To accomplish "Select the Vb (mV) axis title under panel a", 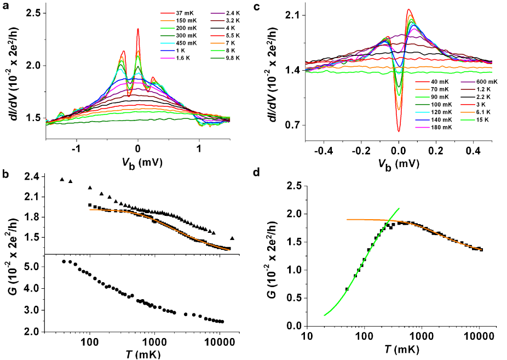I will (x=139, y=163).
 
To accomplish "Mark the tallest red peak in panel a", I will (x=138, y=29).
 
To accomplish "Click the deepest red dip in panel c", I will (x=399, y=131).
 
